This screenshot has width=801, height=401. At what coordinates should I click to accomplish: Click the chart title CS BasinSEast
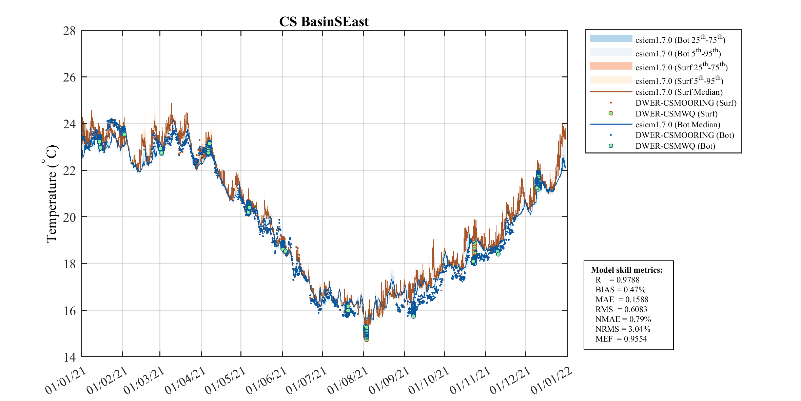coord(324,22)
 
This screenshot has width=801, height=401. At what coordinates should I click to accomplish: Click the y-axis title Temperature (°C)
coord(51,194)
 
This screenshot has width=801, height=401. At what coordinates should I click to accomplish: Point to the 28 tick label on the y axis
coord(70,31)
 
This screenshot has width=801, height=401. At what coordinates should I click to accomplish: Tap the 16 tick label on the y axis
coord(70,311)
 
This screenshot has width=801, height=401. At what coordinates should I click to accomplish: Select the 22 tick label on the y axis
coord(70,171)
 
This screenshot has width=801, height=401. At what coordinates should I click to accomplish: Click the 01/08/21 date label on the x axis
coord(348,381)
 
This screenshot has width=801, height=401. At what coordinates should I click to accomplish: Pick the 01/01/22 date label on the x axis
coord(551,381)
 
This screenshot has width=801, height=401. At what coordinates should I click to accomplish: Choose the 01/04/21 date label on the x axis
coord(185,381)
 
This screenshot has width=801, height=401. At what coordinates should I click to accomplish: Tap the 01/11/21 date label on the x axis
coord(470,381)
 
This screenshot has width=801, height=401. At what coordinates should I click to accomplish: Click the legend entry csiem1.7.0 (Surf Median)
coord(679,92)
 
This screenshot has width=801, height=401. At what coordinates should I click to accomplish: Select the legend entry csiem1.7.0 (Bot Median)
coord(678,125)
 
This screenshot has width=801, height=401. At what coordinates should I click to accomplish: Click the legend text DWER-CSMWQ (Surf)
coord(676,114)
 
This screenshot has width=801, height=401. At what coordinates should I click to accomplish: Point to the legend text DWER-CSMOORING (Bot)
coord(685,135)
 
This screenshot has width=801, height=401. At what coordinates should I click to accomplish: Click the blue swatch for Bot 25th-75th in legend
coord(611,39)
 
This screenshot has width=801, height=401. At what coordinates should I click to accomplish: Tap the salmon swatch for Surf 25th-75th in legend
coord(611,66)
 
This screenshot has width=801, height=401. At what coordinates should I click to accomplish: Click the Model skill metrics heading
coord(627,270)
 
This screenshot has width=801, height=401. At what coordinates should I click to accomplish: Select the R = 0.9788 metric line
coord(617,280)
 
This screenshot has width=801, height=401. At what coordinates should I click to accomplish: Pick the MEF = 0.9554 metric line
coord(621,339)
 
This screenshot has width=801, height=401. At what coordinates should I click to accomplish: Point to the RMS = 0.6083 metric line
coord(621,309)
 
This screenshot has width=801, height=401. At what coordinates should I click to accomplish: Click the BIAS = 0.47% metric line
coord(620,290)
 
